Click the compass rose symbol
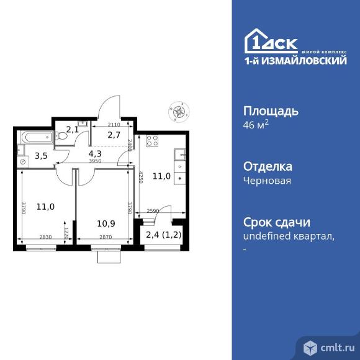point(179,112)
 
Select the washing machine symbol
point(23,161)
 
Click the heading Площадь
point(269,112)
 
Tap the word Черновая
point(268,181)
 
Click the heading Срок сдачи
point(276,223)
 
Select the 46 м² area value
point(255,125)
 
